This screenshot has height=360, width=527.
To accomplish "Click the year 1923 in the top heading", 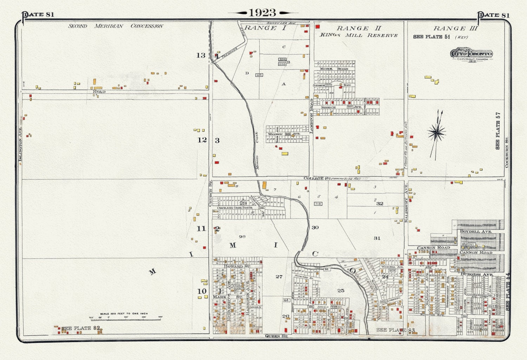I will [x=263, y=13].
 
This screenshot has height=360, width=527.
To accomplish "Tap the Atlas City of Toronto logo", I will [x=471, y=54].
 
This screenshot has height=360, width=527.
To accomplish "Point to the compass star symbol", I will [x=436, y=133].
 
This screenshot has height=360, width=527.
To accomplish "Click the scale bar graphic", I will [x=126, y=317].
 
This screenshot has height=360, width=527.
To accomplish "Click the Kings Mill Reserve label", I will [x=359, y=35].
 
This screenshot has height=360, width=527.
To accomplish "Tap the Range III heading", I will [x=455, y=28].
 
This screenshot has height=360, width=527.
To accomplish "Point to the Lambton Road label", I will [x=311, y=116].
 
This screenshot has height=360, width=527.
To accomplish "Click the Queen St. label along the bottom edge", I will [x=276, y=336].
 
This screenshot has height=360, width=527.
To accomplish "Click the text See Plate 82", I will [x=81, y=328].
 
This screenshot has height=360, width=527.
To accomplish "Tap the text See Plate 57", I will [x=497, y=131].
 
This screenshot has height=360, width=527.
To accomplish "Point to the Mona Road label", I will [x=334, y=69].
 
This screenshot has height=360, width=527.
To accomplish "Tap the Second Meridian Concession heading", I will [x=116, y=26].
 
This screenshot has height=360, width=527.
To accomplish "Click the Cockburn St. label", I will [x=507, y=152].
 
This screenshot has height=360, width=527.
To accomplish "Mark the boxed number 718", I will [x=318, y=204].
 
